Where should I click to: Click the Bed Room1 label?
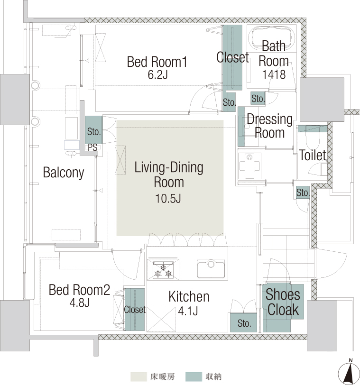point(157,62)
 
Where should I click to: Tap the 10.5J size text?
point(168,198)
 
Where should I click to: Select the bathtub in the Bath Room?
point(272,38)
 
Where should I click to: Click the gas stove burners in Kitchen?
point(163,270)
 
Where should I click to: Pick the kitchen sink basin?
point(211,269)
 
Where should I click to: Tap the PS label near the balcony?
point(92,147)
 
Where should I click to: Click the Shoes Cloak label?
point(283,302)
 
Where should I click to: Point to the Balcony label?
point(64,173)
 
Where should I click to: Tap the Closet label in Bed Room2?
point(135,310)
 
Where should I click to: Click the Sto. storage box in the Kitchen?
point(244,322)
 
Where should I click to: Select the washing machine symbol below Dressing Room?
point(250,166)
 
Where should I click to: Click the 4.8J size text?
point(79,303)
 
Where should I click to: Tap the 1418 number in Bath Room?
point(274,74)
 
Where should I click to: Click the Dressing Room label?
point(269,126)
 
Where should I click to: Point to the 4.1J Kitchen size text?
point(188,311)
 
